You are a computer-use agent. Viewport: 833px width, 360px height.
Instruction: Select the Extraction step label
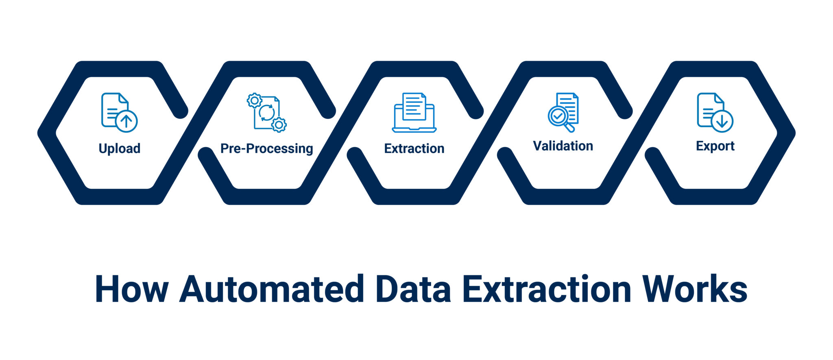pos(414,148)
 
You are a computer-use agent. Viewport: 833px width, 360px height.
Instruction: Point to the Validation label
pos(563,146)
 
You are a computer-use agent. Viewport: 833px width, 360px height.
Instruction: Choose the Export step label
pos(715,146)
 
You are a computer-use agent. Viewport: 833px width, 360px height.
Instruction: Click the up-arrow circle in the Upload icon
pos(126,121)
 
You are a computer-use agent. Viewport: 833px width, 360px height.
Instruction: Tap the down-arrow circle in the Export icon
pos(722,121)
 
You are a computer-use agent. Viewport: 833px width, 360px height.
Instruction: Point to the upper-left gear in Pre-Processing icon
pos(255,100)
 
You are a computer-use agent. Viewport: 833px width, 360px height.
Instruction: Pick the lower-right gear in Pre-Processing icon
pos(279,124)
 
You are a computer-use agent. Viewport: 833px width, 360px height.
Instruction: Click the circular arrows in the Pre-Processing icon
pos(266,113)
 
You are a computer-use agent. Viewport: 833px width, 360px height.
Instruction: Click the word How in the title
pos(132,289)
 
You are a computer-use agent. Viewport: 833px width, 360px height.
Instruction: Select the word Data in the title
pos(414,289)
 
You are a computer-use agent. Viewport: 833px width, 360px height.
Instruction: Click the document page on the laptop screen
pos(414,107)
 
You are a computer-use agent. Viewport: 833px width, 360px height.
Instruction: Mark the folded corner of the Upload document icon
pos(123,98)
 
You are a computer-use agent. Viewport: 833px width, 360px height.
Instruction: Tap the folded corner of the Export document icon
pos(719,98)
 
